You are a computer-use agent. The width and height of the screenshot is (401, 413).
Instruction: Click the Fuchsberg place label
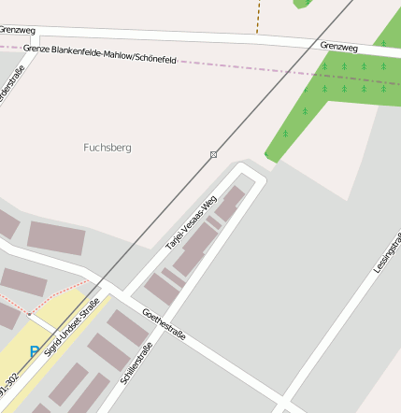107,148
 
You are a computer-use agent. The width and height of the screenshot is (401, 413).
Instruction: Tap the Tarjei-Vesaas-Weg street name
191,221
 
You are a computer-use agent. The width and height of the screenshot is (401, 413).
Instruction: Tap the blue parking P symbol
35,352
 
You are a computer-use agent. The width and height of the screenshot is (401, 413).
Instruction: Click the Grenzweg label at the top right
338,46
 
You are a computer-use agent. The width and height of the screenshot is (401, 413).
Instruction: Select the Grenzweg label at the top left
17,31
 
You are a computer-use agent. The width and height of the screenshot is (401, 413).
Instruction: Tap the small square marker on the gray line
214,154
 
